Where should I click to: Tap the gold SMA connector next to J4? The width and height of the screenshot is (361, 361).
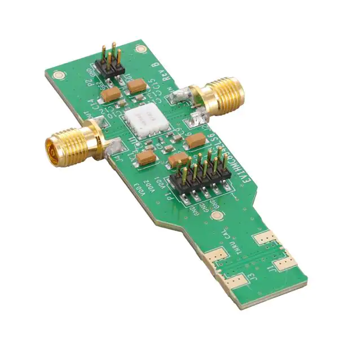[x=70, y=146]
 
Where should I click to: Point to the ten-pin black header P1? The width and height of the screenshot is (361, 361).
[x=205, y=174]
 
